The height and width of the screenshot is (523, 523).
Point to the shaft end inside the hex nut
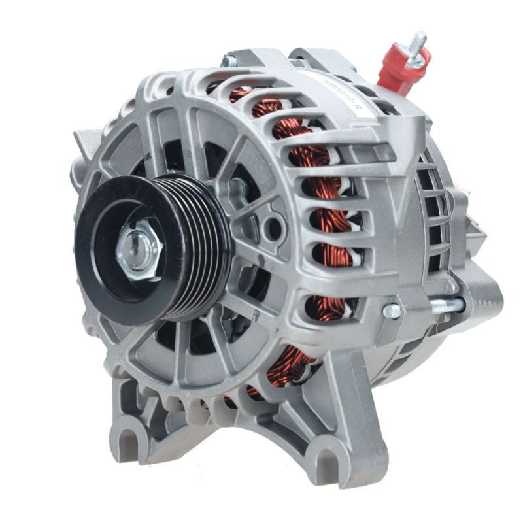[x=139, y=248]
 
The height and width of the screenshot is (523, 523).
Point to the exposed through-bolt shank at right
[x=445, y=304]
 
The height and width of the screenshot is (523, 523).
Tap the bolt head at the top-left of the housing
[x=230, y=61]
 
